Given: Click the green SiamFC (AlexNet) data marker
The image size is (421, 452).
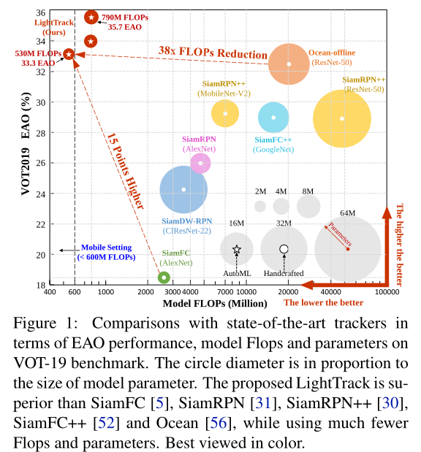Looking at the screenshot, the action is coord(164,277).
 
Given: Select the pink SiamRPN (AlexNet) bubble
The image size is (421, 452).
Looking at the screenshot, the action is coord(200,163).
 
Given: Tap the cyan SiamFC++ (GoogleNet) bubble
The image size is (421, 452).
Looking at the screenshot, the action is coord(273,118).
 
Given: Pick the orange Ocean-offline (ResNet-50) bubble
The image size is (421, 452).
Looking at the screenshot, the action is coord(289,64).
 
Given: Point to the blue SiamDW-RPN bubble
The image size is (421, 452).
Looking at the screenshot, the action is coord(183,189).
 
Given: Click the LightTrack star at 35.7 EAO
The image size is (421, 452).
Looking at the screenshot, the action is coord(91,18).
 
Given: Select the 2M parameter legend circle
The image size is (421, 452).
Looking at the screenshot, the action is coord(260,207).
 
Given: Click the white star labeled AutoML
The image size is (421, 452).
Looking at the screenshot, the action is coord(237,249).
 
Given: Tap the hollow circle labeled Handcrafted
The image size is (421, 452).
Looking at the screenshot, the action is coord(284,249).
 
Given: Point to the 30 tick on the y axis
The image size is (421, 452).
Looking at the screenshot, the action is coord(41,103).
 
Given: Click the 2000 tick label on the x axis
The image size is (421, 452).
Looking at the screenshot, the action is coord(145,292).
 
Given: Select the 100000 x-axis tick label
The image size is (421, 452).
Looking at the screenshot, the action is coord(387,292).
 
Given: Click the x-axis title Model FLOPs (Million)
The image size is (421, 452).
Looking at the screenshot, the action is coord(215,304).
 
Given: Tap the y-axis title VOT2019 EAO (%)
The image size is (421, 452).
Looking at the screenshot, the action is coord(26,144).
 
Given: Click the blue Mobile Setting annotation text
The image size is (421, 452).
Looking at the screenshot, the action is coord(106,252).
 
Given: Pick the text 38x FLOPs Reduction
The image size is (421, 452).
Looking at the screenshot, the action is coord(213,53).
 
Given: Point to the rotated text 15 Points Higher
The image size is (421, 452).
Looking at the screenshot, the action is coord(126,171).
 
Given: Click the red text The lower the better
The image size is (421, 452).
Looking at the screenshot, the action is coord(323,303).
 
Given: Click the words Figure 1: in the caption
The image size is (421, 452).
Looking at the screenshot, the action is coord(45,323).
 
